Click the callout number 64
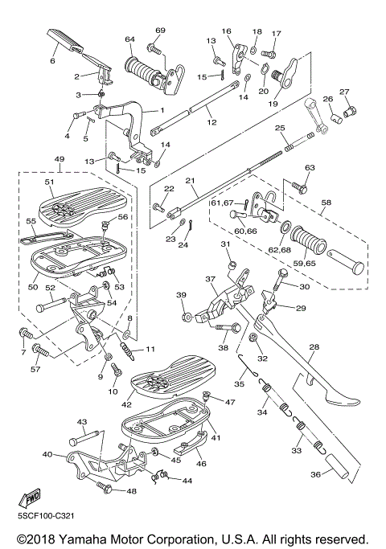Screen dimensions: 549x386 tap(129, 39)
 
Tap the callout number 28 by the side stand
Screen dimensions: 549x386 tap(314, 347)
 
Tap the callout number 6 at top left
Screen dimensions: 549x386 tap(53, 60)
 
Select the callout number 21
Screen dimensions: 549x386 tap(191, 181)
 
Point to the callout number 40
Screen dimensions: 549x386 tap(47, 454)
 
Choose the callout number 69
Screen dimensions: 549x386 tap(160, 31)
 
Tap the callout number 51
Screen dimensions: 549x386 tap(49, 182)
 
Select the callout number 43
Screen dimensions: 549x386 tap(81, 421)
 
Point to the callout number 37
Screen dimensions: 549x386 tap(210, 280)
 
